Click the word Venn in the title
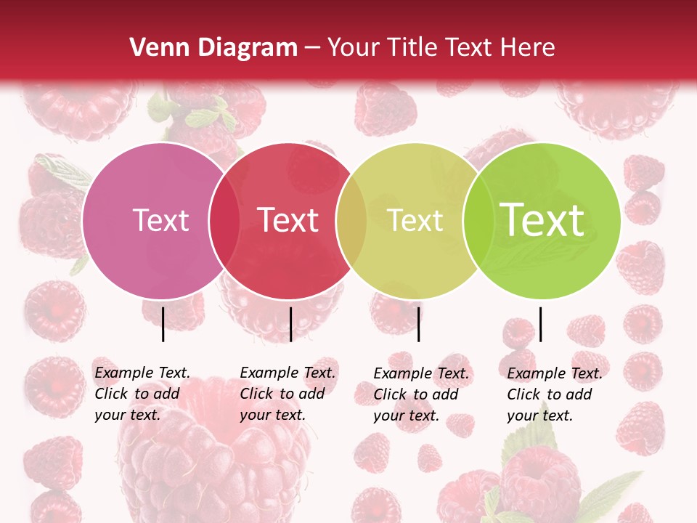point(157,48)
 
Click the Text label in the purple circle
point(160,220)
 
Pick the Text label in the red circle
point(288,220)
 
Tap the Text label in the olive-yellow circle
point(415,220)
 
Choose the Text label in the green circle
point(542,220)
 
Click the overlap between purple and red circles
point(224,220)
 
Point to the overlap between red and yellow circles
point(351,220)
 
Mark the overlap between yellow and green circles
point(477,220)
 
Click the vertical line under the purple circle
point(163,324)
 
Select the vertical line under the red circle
point(290,324)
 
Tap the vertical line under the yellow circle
point(419,324)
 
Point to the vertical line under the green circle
point(541,324)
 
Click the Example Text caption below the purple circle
point(142,394)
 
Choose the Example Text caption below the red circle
point(288,394)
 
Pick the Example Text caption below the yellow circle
point(421,394)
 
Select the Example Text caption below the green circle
point(555,394)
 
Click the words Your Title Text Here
point(441,48)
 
